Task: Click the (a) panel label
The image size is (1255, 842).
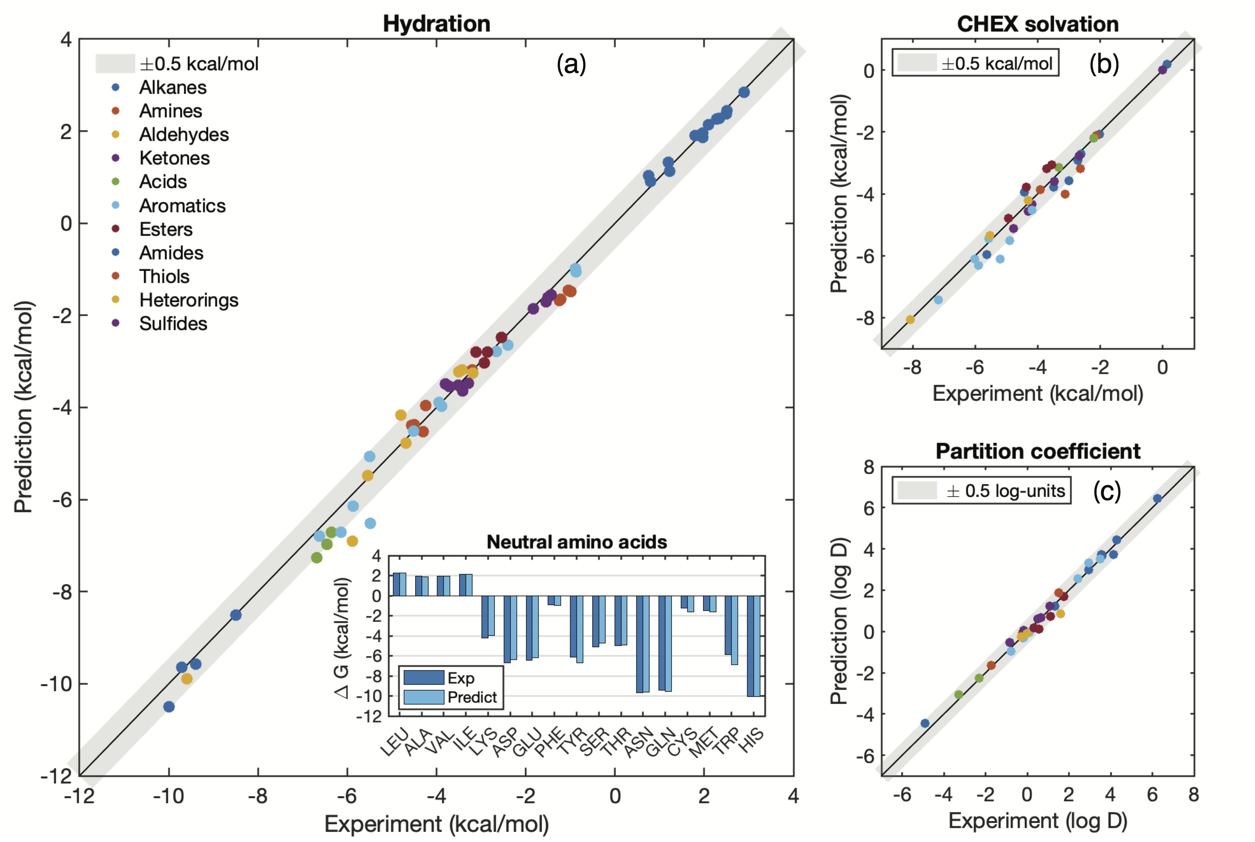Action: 571,64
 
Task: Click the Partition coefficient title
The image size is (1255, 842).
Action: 1038,451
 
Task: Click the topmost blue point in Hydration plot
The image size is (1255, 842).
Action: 744,92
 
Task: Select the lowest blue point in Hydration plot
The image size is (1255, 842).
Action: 169,707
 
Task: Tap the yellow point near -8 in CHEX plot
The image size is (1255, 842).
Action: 910,320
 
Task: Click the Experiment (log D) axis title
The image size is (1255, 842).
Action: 1038,821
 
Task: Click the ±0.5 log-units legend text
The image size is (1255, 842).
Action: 1005,491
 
